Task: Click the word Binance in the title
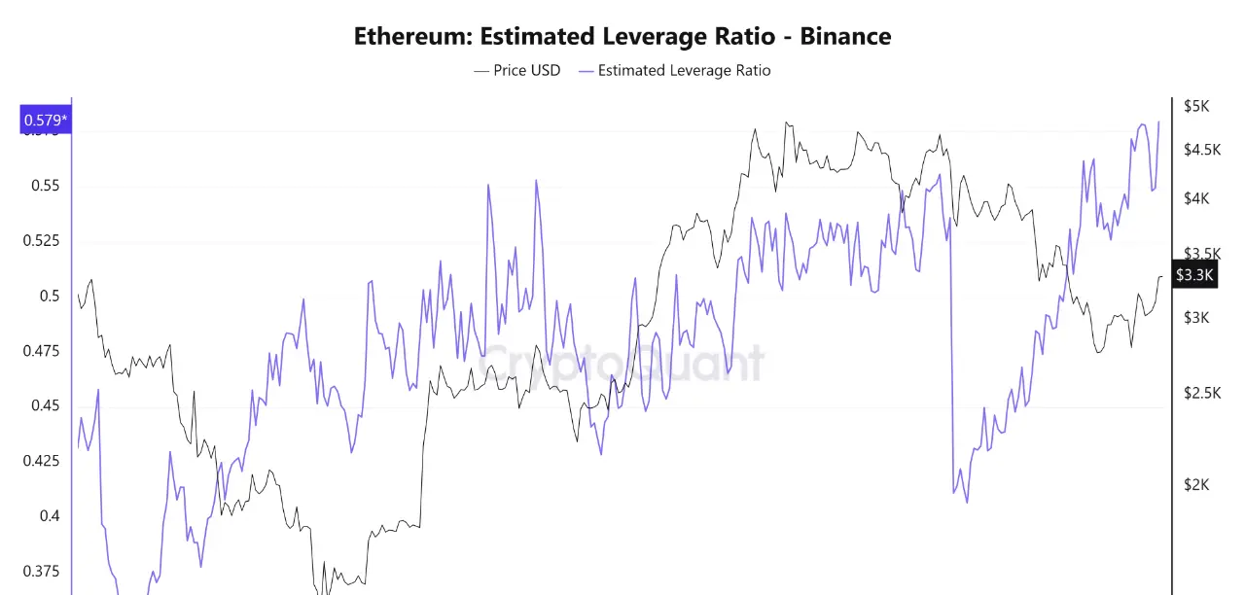[844, 37]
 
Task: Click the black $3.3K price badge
[1193, 275]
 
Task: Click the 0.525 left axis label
[41, 241]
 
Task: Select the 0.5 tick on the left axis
[49, 297]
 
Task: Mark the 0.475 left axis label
[41, 351]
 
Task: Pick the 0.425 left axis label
[41, 461]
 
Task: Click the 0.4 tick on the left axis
[49, 516]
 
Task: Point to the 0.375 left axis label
[41, 571]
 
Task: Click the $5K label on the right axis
[1195, 106]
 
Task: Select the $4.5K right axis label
[1201, 150]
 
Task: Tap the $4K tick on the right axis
[1195, 198]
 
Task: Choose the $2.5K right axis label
[1201, 393]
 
